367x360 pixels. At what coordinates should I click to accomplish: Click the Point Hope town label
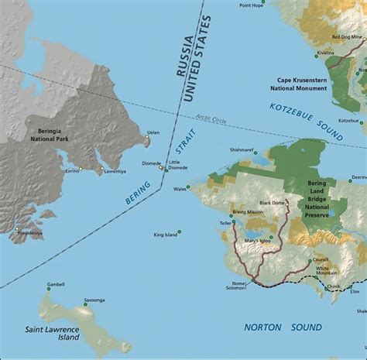(x=251, y=5)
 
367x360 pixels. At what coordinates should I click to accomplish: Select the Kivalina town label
(x=326, y=53)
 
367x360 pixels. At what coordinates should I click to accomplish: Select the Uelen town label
(x=153, y=132)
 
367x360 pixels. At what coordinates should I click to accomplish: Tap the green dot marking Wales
(x=191, y=187)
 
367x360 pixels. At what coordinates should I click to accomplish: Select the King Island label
(x=165, y=234)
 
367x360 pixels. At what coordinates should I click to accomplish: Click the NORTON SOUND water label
(x=283, y=327)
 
